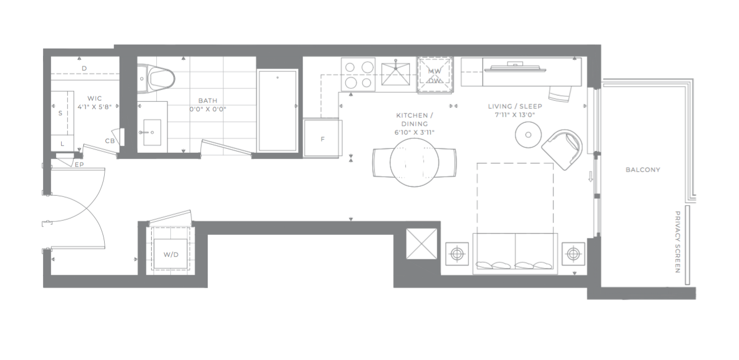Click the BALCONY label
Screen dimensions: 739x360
(x=643, y=170)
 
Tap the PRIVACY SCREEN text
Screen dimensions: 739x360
(x=678, y=242)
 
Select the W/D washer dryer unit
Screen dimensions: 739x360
(x=171, y=254)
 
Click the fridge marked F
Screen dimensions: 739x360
(x=323, y=138)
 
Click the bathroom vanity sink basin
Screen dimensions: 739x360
(x=152, y=132)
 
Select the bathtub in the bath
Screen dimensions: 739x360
(x=278, y=110)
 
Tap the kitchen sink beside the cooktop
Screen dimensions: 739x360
(x=396, y=74)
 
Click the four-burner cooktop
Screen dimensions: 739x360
(x=358, y=74)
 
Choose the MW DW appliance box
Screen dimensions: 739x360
(x=435, y=75)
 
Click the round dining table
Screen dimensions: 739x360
(x=414, y=162)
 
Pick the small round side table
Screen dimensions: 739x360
(x=528, y=135)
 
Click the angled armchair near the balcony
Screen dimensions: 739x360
(x=562, y=149)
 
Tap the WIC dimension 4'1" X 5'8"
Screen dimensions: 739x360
(x=94, y=107)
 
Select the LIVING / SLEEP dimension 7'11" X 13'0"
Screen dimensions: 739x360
(x=515, y=115)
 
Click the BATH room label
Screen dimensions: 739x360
(x=208, y=101)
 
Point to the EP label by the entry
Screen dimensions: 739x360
(x=79, y=164)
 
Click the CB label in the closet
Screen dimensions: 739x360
(x=110, y=141)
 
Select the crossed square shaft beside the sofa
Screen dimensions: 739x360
(x=422, y=244)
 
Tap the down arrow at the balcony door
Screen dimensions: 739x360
(x=591, y=177)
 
